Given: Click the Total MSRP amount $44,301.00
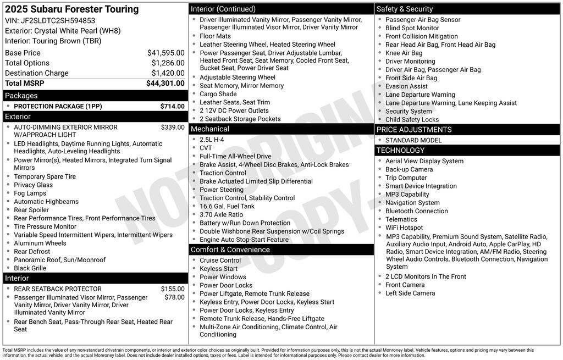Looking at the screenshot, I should click(x=165, y=84).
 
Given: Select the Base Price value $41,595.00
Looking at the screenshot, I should click(x=165, y=53).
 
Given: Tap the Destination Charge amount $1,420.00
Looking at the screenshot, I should click(x=168, y=73).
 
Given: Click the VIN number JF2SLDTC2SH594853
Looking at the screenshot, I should click(x=58, y=20).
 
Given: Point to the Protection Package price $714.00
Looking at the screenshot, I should click(x=172, y=106).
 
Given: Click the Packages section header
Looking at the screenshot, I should click(x=21, y=96).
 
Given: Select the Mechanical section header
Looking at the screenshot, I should click(x=209, y=129).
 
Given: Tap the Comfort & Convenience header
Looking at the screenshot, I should click(x=230, y=250).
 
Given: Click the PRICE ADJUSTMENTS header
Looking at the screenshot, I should click(x=414, y=130).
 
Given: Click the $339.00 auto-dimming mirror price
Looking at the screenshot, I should click(x=172, y=127).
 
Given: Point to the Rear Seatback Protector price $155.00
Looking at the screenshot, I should click(x=172, y=289).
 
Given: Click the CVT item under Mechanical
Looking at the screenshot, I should click(x=206, y=148).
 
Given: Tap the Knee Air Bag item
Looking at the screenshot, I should click(x=404, y=53).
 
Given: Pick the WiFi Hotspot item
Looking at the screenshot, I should click(x=404, y=228).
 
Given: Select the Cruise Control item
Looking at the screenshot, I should click(x=220, y=261).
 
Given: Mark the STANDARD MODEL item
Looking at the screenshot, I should click(x=413, y=140).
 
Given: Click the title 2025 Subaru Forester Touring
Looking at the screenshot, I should click(x=72, y=9).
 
